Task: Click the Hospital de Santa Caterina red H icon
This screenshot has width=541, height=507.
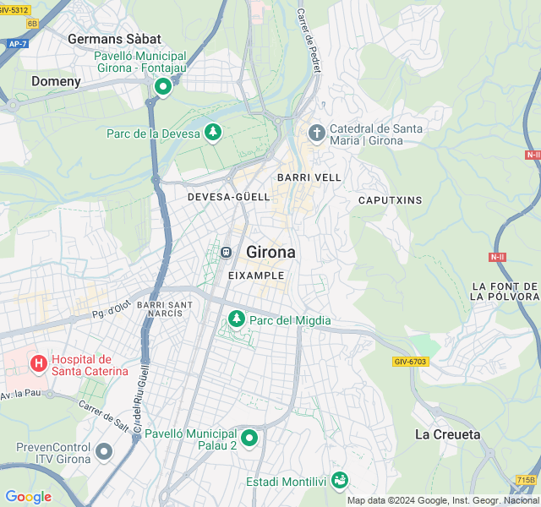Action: click(x=38, y=363)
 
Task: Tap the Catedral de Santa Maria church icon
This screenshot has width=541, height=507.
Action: click(x=316, y=133)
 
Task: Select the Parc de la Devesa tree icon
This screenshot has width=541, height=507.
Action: click(x=214, y=133)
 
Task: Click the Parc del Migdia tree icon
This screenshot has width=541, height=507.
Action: click(x=237, y=319)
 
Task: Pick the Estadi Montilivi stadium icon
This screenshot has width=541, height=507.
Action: click(x=339, y=480)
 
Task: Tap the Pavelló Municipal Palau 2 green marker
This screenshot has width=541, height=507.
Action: click(x=249, y=438)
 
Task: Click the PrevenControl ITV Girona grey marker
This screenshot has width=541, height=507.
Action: click(x=104, y=451)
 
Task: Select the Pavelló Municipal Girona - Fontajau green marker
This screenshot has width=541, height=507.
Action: click(x=162, y=85)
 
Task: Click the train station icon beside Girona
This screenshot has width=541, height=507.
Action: click(x=226, y=252)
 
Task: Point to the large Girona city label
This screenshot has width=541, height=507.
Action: click(x=270, y=252)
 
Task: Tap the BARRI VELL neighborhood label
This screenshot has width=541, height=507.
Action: click(x=309, y=177)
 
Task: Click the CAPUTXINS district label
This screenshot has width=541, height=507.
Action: click(x=390, y=200)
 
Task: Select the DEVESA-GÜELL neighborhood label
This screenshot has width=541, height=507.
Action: click(x=228, y=197)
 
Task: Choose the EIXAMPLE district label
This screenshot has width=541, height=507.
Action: click(x=256, y=275)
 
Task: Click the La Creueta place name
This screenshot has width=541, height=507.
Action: click(x=447, y=434)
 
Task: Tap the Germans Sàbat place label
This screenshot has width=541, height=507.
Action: click(x=114, y=39)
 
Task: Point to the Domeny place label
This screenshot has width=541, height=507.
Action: click(x=56, y=82)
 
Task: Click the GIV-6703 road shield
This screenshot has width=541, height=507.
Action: click(x=411, y=361)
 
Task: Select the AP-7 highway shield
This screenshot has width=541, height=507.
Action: click(x=16, y=43)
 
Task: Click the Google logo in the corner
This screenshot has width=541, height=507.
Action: click(x=28, y=497)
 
